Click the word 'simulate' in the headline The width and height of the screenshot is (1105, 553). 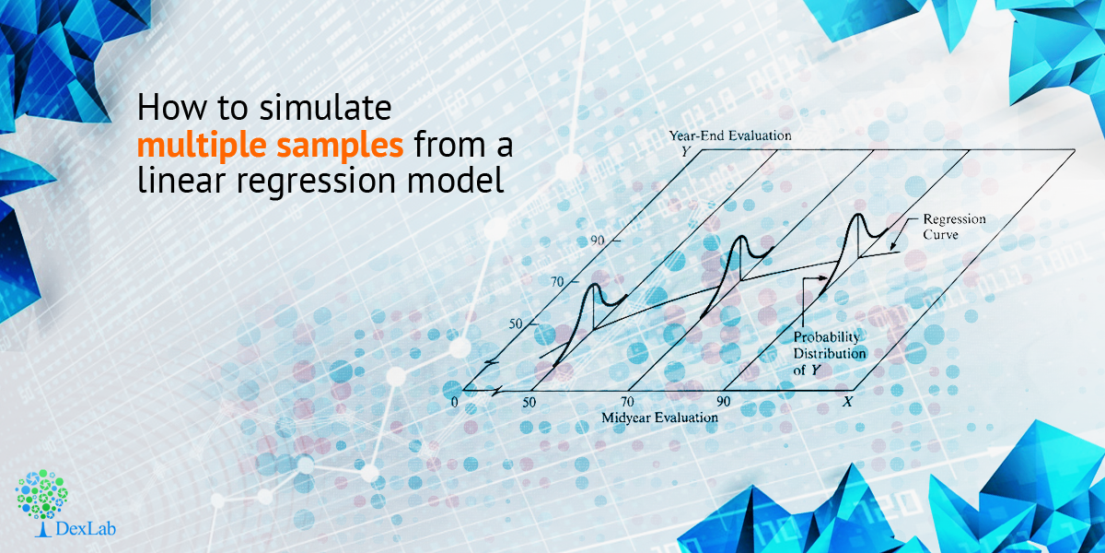click(326, 107)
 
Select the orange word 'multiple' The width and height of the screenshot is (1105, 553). click(202, 147)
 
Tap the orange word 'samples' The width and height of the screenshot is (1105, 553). click(340, 147)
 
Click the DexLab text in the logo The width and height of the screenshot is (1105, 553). click(86, 529)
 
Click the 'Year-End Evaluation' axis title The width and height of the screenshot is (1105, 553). click(730, 135)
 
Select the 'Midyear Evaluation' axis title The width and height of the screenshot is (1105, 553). click(659, 418)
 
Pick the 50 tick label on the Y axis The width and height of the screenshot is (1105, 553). click(516, 324)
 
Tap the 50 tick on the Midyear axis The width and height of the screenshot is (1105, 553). click(529, 403)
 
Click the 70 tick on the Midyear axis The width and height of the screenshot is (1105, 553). click(627, 402)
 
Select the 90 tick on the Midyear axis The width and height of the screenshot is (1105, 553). click(723, 402)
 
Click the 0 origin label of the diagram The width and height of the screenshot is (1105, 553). click(454, 403)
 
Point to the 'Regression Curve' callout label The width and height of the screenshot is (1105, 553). click(954, 227)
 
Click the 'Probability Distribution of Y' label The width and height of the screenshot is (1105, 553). click(830, 354)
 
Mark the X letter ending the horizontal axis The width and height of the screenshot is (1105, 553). click(847, 402)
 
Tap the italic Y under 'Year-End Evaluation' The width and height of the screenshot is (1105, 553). click(686, 151)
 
